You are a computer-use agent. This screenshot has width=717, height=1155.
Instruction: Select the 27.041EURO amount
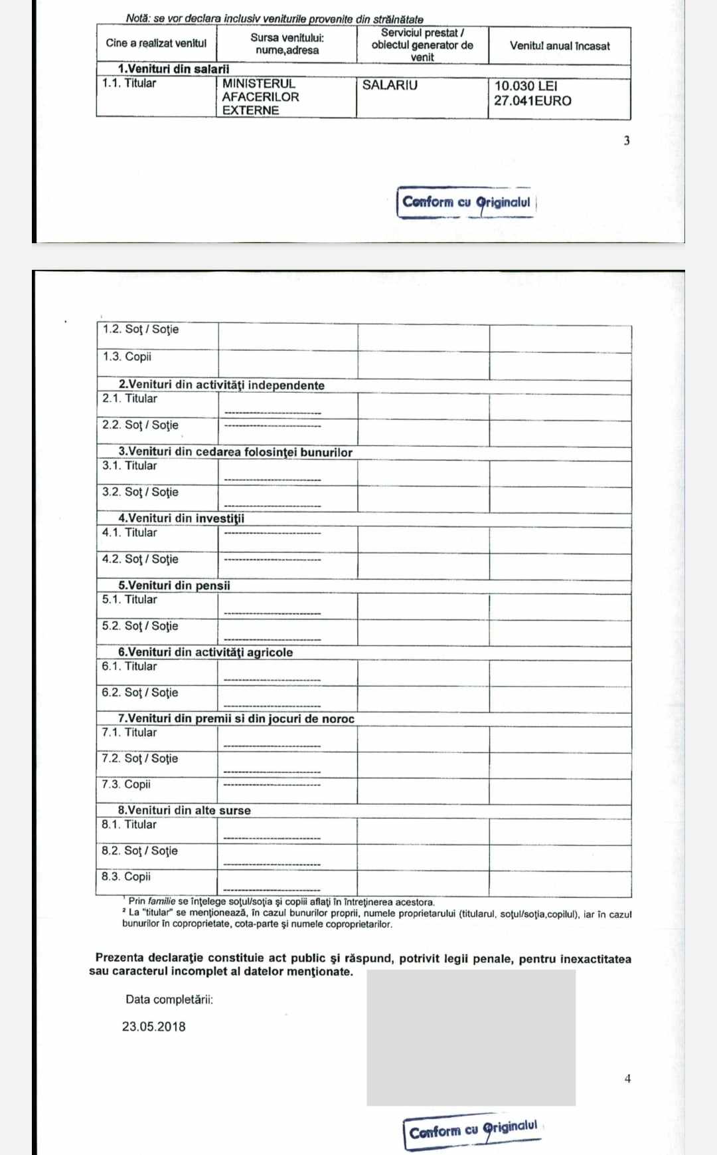pos(532,101)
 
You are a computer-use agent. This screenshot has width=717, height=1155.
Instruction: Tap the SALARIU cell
pos(390,85)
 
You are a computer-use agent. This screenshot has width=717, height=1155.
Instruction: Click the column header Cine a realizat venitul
pos(156,43)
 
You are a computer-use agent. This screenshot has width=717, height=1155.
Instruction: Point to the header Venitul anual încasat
pos(560,46)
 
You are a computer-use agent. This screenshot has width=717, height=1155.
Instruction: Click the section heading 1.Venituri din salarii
pos(173,69)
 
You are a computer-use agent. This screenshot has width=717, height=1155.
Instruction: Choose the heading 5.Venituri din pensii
pos(174,585)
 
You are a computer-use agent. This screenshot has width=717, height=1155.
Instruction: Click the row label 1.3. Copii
pos(127,357)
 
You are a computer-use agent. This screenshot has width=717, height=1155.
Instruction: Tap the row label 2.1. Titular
pos(129,399)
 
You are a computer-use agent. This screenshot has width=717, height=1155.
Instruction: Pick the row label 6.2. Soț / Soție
pos(139,692)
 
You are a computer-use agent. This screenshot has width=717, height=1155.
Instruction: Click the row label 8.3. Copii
pos(126,877)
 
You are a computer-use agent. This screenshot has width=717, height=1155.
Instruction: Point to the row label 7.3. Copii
pos(126,784)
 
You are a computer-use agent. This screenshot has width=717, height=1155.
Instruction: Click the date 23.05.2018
pos(153,1027)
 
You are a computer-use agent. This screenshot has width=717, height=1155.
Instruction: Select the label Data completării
pos(169,999)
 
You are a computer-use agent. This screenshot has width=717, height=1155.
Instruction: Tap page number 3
pos(627,141)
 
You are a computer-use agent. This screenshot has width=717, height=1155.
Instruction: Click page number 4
pos(627,1079)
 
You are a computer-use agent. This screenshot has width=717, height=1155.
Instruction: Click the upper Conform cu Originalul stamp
pos(467,203)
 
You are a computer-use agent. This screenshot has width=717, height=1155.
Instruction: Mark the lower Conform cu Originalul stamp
pos(473,1130)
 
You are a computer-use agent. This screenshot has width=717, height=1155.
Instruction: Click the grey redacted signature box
pos(471,1037)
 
